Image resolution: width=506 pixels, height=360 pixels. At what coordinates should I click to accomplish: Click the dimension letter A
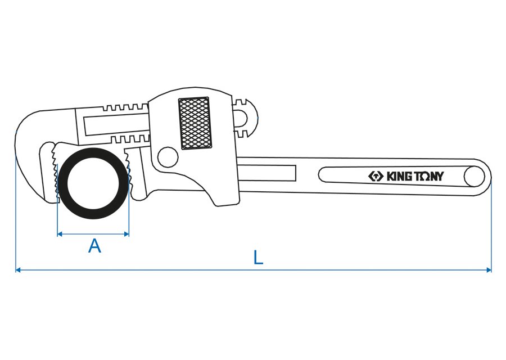click(94, 246)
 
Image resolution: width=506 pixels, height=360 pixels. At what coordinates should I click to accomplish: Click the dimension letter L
click(257, 258)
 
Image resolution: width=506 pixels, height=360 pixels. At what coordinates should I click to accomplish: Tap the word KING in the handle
click(400, 177)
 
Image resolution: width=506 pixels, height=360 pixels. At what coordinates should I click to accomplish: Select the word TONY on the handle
click(430, 177)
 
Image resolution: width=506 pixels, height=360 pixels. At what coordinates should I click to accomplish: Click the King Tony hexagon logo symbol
click(375, 177)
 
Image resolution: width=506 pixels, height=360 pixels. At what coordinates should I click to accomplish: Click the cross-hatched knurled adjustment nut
click(195, 124)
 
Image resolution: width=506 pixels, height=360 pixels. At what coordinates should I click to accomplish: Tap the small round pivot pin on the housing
click(166, 157)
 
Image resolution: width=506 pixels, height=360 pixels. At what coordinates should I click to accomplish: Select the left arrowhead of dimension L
click(18, 270)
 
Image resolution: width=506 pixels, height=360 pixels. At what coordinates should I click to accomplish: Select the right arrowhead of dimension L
click(489, 270)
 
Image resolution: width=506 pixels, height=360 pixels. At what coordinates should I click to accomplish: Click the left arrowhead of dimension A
click(60, 233)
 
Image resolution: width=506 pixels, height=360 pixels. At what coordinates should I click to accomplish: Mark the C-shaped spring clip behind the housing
click(245, 118)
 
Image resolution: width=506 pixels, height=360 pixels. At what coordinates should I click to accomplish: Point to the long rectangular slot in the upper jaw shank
click(115, 123)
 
